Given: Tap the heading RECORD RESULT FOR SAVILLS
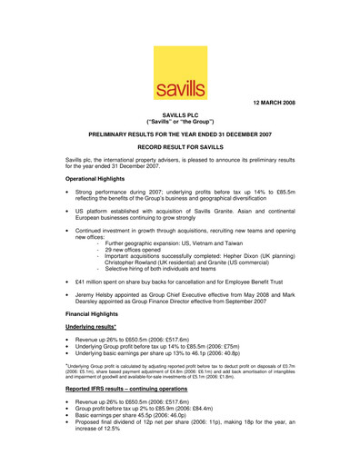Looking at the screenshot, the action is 180,145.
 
